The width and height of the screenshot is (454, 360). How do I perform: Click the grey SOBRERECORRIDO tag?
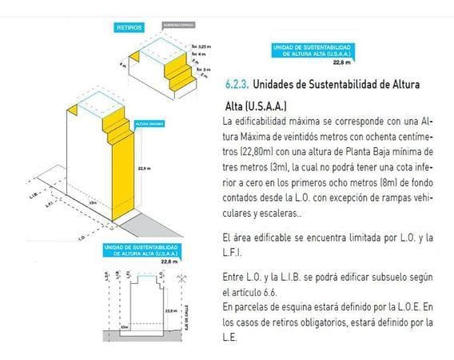click(x=178, y=26)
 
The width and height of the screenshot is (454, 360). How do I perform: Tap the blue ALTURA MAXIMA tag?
click(x=151, y=126)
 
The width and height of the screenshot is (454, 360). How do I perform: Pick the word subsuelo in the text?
click(x=388, y=276)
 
